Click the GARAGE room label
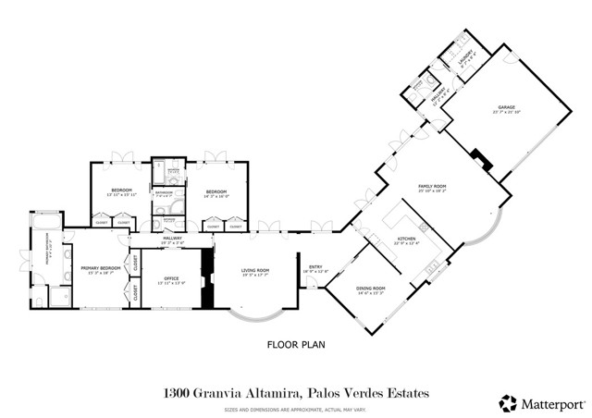pyautogui.click(x=506, y=108)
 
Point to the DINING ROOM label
pyautogui.click(x=370, y=289)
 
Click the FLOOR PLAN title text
pyautogui.click(x=295, y=346)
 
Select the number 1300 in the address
pyautogui.click(x=177, y=394)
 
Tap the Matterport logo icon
pyautogui.click(x=508, y=403)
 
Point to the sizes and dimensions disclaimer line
pyautogui.click(x=296, y=407)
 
